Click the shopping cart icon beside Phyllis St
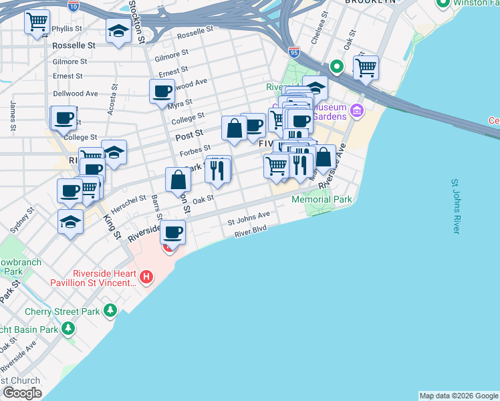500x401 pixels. [x=37, y=21]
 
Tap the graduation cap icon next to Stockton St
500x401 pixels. [x=119, y=31]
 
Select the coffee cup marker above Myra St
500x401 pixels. [x=162, y=91]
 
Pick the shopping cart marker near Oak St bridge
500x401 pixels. [x=366, y=67]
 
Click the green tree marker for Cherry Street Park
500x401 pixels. [x=110, y=311]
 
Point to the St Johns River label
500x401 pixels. [x=455, y=206]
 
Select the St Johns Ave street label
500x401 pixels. [x=249, y=217]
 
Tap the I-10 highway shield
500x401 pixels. [x=74, y=5]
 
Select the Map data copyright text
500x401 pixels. [x=459, y=396]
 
